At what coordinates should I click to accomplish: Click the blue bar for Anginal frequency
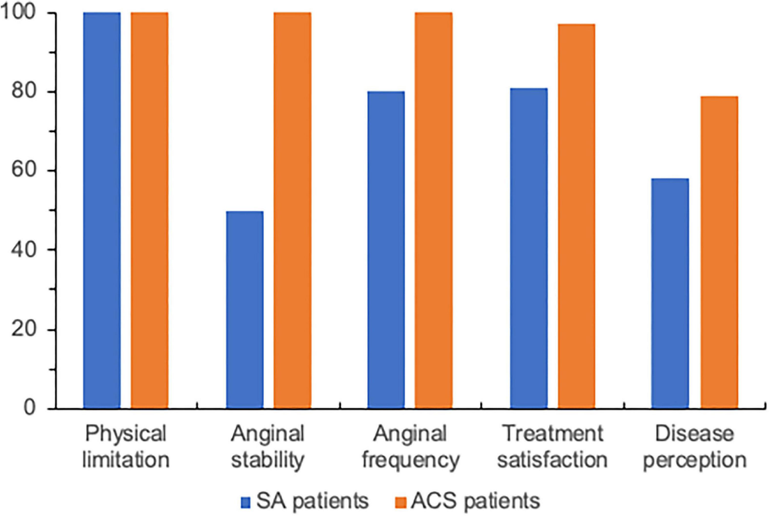(x=386, y=250)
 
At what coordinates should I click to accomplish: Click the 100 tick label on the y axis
(x=25, y=13)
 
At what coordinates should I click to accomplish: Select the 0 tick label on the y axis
(x=37, y=408)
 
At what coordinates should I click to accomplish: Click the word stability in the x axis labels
(x=268, y=460)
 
